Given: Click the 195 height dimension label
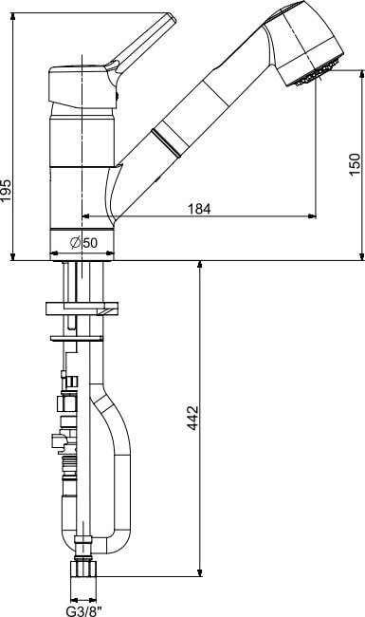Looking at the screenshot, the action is point(6,191).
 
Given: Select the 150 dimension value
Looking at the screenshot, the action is point(355,164).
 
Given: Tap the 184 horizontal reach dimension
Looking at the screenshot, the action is point(199,209).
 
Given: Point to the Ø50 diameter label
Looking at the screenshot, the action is point(83,243).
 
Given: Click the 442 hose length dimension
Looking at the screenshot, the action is point(192,418).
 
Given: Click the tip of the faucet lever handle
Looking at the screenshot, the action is point(172,17).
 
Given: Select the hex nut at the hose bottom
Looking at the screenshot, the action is point(82,569).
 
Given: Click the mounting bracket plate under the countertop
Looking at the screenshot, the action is point(82,308).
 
